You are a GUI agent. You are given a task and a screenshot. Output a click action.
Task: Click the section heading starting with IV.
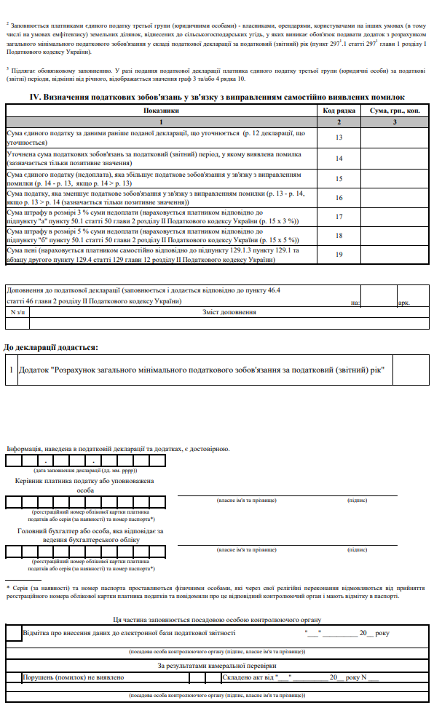tap(217, 97)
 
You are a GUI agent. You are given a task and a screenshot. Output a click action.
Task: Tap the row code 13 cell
tap(339, 138)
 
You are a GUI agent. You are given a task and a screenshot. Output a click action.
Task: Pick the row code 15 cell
tap(339, 178)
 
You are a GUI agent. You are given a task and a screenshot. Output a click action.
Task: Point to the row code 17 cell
tap(339, 216)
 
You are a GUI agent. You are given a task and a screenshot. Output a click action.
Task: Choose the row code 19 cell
tap(339, 254)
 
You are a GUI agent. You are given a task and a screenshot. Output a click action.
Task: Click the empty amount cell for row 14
tap(394, 158)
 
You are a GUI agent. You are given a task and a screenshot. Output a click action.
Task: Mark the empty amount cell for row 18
tap(394, 235)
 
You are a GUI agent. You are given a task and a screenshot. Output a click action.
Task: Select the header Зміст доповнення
tap(229, 312)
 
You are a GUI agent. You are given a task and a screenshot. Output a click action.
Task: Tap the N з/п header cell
tap(17, 312)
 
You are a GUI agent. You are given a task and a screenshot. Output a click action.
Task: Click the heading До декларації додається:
tap(51, 348)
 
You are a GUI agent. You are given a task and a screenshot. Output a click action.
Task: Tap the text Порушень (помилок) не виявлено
tap(73, 677)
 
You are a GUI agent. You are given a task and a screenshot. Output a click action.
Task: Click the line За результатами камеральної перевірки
tap(217, 665)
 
